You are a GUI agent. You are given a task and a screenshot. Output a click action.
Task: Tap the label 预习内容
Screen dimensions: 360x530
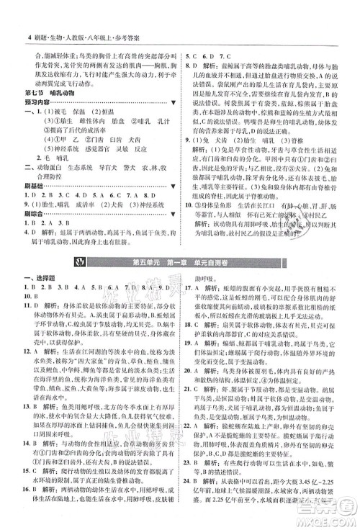[35, 104]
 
